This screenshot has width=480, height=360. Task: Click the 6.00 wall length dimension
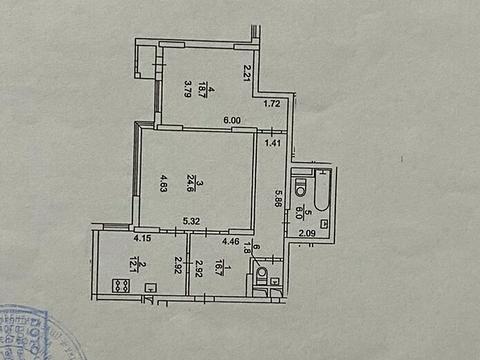232,121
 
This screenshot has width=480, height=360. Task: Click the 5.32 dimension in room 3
190,222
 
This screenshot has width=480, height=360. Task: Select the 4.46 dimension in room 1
230,239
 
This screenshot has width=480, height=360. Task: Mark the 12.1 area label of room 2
121,263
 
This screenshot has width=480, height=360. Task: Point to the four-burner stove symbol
120,285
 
